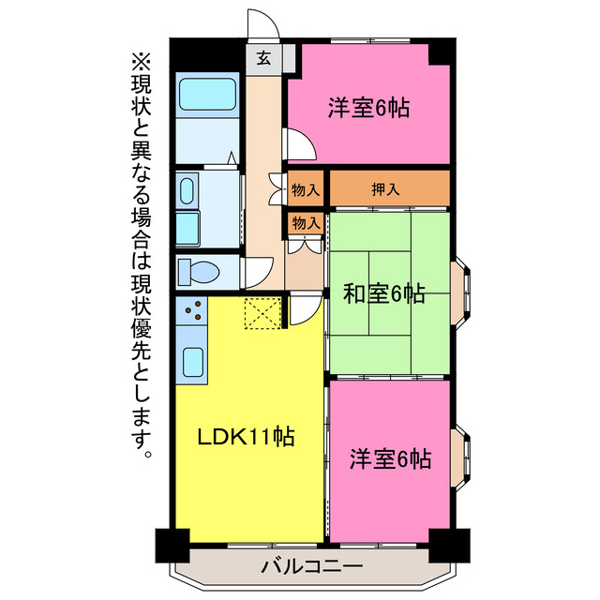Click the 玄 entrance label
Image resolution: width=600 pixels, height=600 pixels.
coord(264,58)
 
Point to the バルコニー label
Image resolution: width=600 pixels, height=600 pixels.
coord(312,565)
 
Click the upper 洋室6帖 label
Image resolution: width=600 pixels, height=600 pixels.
coord(367,108)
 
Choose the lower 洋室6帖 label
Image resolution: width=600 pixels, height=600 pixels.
coord(390,459)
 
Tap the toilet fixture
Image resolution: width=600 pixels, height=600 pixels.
coord(199,272)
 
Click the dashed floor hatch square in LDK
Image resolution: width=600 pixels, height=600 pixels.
coord(262,313)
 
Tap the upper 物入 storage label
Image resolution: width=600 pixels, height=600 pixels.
coord(306,188)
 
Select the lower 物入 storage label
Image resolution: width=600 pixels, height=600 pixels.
coord(306,223)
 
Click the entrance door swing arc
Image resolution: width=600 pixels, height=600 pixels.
coord(259,22)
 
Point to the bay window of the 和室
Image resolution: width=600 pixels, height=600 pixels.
coord(460,292)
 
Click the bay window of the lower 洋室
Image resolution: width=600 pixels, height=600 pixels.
coord(460,460)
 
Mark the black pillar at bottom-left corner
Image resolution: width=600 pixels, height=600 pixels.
coord(170,545)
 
